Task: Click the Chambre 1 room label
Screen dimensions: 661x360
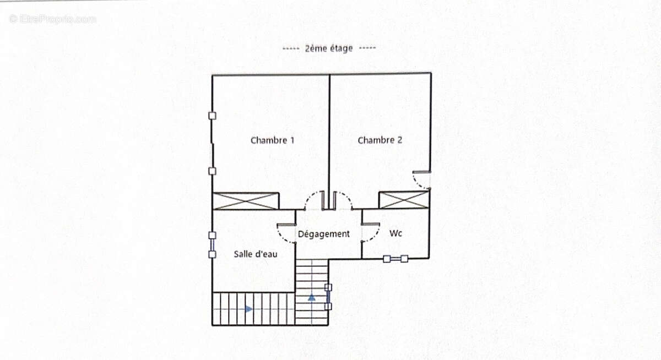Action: click(x=272, y=140)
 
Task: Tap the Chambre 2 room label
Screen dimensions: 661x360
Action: click(x=380, y=140)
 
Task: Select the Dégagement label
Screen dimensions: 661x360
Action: click(x=324, y=234)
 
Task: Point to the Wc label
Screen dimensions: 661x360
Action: click(x=395, y=233)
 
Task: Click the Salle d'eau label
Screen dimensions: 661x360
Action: click(x=256, y=254)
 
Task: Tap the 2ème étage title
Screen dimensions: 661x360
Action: click(x=329, y=48)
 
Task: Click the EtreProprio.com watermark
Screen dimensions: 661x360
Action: click(x=52, y=19)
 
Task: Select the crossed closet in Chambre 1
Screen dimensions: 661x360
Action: click(x=246, y=201)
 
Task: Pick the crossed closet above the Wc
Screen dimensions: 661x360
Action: click(x=404, y=200)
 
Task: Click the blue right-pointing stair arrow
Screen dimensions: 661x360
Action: click(x=249, y=309)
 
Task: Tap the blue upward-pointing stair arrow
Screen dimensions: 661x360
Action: click(x=312, y=297)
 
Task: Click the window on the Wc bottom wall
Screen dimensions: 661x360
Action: click(x=395, y=259)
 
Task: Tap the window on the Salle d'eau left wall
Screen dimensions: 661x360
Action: click(x=212, y=245)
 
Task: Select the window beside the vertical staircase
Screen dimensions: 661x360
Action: click(x=328, y=297)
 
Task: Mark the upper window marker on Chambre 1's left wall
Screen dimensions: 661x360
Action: click(x=212, y=116)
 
